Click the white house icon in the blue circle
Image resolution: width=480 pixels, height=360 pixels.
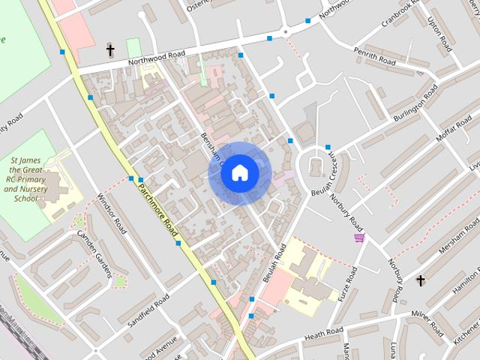tap(239, 172)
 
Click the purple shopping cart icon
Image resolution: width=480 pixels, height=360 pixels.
tap(359, 238)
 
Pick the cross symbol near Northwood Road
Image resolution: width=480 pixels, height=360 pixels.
tap(110, 50)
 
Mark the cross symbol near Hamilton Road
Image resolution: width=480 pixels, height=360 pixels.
tap(421, 281)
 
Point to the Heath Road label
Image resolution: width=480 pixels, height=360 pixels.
tap(324, 332)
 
